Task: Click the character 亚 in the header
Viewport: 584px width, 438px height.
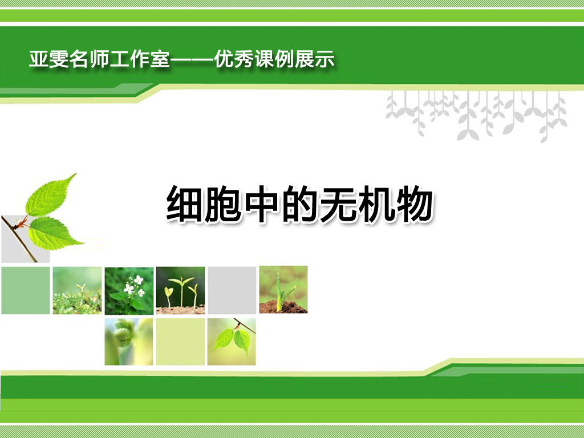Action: pyautogui.click(x=39, y=59)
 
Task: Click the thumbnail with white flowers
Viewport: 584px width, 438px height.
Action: pyautogui.click(x=129, y=290)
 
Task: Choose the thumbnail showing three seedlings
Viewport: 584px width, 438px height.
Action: pyautogui.click(x=180, y=290)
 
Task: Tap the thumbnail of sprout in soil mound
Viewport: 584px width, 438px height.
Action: pyautogui.click(x=283, y=289)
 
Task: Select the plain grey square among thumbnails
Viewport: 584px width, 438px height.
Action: pyautogui.click(x=232, y=290)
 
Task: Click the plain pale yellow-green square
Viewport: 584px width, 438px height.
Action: pyautogui.click(x=180, y=342)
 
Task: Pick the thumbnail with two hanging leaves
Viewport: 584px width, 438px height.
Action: pyautogui.click(x=232, y=342)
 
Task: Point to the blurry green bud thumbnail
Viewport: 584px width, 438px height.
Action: pyautogui.click(x=129, y=342)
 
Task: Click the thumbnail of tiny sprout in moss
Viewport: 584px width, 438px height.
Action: pyautogui.click(x=77, y=290)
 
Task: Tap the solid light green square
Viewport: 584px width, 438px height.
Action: pyautogui.click(x=26, y=290)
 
